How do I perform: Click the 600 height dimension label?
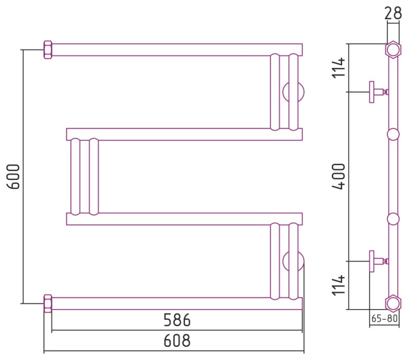coord(13,177)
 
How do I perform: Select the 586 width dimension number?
coord(177,320)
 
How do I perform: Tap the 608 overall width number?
coord(177,340)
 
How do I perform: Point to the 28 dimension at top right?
coord(393,13)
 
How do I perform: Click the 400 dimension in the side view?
coord(339,177)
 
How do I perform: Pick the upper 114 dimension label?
coord(339,67)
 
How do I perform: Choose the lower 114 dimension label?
coord(339,285)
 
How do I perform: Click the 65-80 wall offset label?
coord(384,318)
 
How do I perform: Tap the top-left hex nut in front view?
coord(48,50)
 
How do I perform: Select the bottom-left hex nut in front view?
coord(48,304)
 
